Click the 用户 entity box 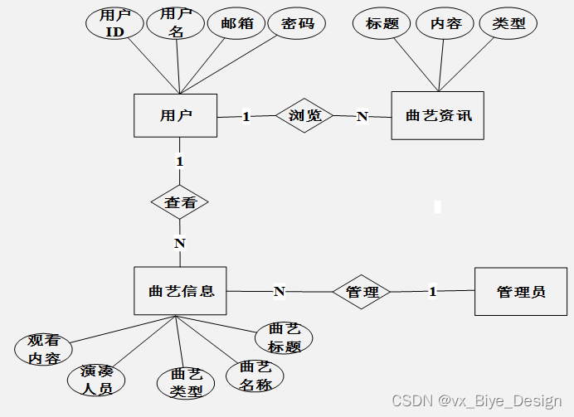pos(176,116)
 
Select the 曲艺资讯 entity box pos(437,116)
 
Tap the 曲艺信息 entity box pos(181,291)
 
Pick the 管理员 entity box pos(521,291)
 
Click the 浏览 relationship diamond pos(304,116)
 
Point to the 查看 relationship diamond pos(180,201)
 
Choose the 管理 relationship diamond pos(362,292)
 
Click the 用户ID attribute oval pos(114,24)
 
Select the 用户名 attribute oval pos(175,22)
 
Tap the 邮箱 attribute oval pos(236,24)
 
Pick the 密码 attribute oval pos(298,24)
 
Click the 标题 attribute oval pos(382,24)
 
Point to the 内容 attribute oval pos(445,24)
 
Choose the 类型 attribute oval pos(508,24)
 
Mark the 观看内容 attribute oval pos(43,349)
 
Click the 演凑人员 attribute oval pos(96,380)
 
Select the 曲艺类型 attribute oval pos(185,383)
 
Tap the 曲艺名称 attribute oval pos(254,376)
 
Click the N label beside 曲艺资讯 pos(362,117)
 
